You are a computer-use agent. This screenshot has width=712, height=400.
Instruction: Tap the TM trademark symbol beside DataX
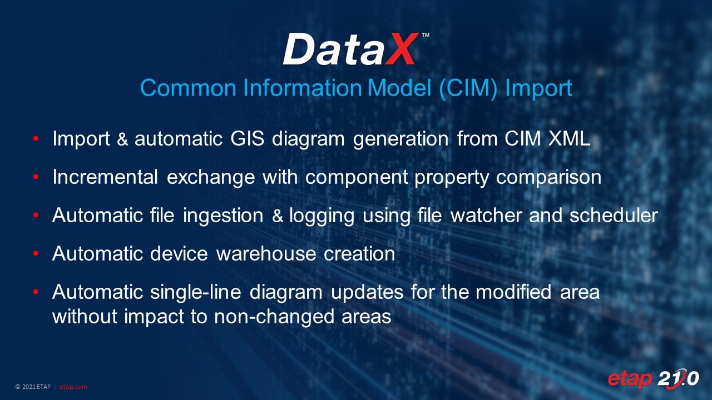[426, 35]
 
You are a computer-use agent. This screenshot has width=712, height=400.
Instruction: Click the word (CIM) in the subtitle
[468, 88]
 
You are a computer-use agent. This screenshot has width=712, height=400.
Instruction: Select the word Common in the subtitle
[188, 88]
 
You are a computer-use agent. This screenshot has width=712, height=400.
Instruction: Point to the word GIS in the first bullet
[248, 139]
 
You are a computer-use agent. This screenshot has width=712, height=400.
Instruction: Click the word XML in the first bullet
[569, 139]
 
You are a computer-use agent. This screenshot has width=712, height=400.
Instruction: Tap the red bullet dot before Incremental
[36, 177]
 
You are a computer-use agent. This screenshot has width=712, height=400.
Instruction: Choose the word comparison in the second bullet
[548, 177]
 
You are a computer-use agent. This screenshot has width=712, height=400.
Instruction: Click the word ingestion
[223, 216]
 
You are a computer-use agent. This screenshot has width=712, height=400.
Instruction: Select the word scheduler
[614, 216]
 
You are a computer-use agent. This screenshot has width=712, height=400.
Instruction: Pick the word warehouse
[266, 254]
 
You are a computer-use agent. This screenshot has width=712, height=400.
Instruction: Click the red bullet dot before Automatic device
[36, 253]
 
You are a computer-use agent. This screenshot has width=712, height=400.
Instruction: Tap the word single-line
[195, 292]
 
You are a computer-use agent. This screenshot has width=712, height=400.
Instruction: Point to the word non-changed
[274, 317]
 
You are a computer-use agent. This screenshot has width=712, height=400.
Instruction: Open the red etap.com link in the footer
[73, 387]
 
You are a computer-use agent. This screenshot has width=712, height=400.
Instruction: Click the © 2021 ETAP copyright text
[33, 387]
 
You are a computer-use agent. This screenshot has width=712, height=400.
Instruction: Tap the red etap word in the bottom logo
[630, 379]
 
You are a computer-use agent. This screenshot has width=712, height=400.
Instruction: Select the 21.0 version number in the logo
[678, 379]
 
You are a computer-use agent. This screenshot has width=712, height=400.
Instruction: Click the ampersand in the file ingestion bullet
[278, 216]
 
